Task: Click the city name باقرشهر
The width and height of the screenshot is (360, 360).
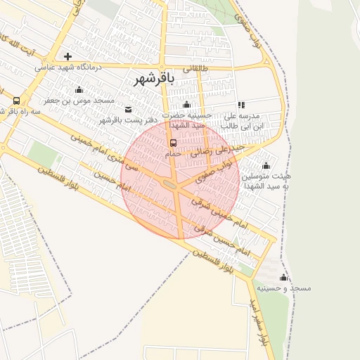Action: click(154, 80)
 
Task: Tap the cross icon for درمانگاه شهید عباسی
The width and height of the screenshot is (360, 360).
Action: click(67, 56)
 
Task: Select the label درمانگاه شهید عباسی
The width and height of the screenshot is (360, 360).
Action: click(69, 67)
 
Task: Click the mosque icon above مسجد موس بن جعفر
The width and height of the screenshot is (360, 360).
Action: click(79, 90)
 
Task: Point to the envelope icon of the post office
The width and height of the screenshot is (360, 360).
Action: click(128, 109)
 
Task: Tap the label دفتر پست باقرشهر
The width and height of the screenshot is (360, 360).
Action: click(127, 120)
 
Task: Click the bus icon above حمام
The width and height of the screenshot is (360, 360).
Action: click(173, 142)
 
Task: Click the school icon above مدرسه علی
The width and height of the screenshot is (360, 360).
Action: click(241, 105)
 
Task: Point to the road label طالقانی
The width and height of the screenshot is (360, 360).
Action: click(196, 69)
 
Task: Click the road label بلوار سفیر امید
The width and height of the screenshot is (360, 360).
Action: click(257, 320)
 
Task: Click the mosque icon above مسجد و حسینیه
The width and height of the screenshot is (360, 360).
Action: click(283, 278)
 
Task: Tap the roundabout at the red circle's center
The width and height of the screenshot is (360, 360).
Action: click(171, 184)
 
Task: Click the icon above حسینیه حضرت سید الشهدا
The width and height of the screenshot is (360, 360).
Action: click(186, 105)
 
